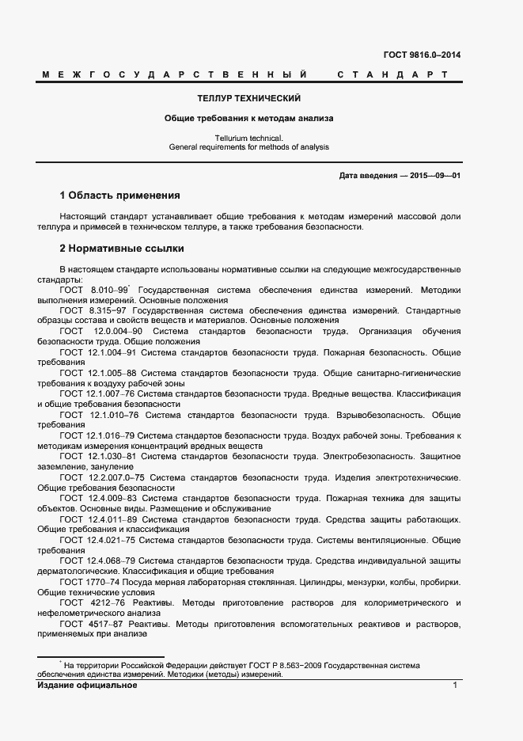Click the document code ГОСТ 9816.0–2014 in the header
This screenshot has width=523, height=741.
[423, 55]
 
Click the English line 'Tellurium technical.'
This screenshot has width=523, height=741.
[248, 138]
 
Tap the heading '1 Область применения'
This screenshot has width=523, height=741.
[120, 195]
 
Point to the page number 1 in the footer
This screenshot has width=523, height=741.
[456, 685]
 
